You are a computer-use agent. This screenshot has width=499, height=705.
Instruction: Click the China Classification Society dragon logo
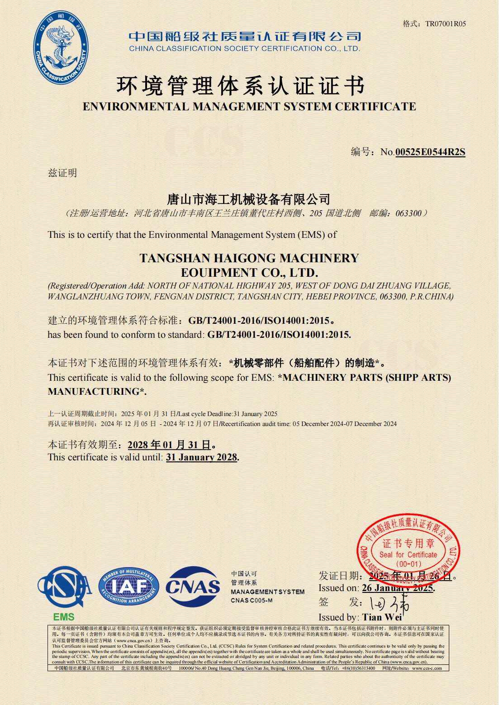(61, 48)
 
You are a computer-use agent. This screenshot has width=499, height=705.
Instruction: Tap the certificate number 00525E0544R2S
(430, 152)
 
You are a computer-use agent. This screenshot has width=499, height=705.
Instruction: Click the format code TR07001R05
(445, 24)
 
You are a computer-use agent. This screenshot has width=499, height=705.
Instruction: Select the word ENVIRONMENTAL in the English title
(136, 107)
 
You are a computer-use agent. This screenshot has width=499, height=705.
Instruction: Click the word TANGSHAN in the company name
(175, 258)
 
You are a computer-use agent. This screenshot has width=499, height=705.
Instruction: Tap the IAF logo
(129, 587)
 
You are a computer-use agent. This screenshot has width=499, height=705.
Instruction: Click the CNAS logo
(193, 587)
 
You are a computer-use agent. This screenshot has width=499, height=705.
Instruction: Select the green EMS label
(64, 617)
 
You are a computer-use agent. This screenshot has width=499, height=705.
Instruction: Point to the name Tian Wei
(382, 617)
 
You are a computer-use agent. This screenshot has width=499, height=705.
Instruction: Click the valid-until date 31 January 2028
(202, 457)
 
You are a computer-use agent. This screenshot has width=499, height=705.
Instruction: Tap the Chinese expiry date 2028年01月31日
(169, 445)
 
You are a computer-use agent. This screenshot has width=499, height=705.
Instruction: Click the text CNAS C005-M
(252, 601)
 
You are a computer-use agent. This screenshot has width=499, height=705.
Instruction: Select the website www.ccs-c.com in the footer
(427, 668)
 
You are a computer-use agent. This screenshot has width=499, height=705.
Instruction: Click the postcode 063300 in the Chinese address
(409, 213)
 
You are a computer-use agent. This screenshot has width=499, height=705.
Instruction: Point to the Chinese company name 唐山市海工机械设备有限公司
(249, 199)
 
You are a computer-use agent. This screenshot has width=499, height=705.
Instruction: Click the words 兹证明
(62, 173)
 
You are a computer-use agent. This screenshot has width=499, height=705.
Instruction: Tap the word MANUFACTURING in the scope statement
(94, 392)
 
